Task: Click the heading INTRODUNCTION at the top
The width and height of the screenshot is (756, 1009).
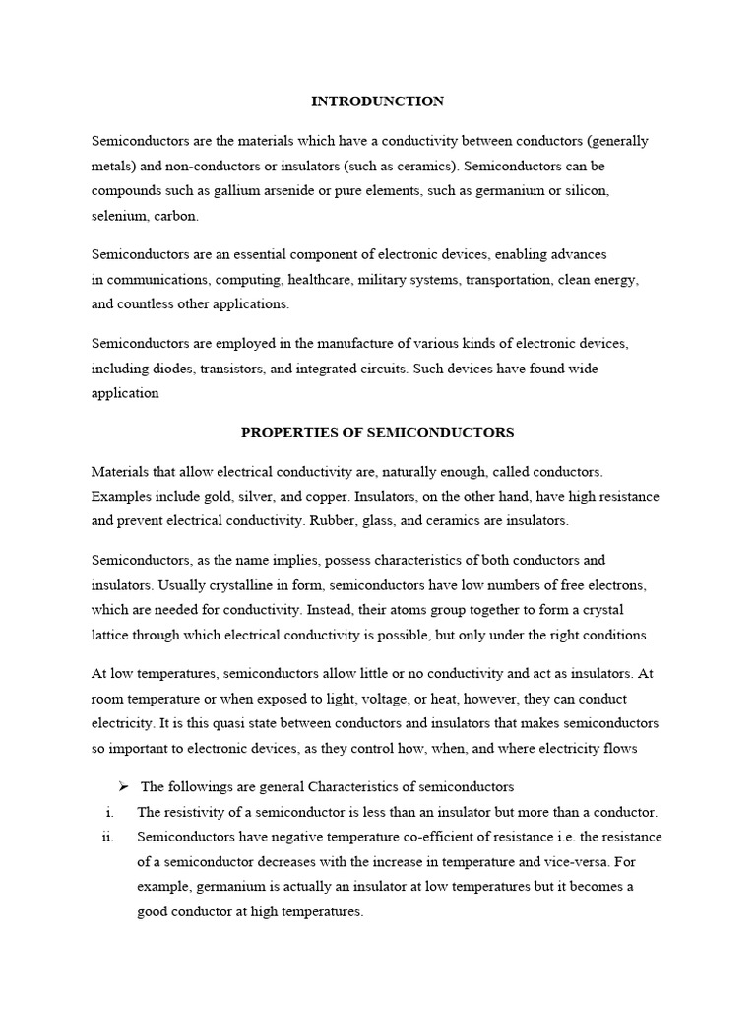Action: click(x=377, y=101)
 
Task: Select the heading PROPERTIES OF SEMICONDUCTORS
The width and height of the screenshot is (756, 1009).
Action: click(x=378, y=433)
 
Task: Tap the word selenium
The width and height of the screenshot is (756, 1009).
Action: click(x=118, y=215)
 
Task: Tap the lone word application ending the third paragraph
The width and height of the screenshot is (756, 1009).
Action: click(x=125, y=393)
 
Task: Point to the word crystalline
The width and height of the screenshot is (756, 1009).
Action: click(x=213, y=584)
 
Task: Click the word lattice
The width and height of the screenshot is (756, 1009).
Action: click(x=110, y=635)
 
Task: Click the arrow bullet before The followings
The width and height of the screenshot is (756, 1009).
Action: click(x=123, y=786)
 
